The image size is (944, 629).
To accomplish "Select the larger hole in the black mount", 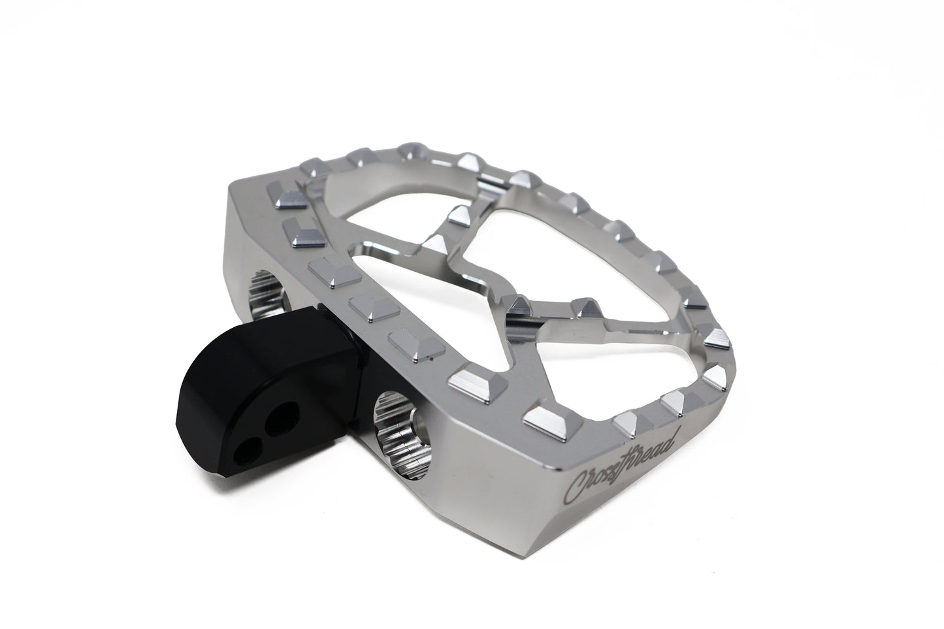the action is click(x=282, y=418).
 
